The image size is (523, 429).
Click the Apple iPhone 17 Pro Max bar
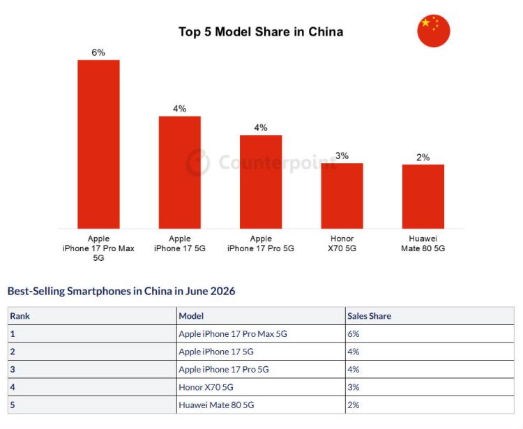pyautogui.click(x=98, y=144)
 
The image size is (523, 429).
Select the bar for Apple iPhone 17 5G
pyautogui.click(x=179, y=172)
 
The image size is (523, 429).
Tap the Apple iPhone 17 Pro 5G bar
pyautogui.click(x=261, y=182)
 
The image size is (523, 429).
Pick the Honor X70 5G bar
pyautogui.click(x=342, y=196)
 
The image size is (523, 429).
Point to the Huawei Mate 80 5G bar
pyautogui.click(x=423, y=197)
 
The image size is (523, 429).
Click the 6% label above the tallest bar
pyautogui.click(x=98, y=52)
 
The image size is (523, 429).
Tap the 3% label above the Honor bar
pyautogui.click(x=342, y=156)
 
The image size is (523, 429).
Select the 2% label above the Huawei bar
pyautogui.click(x=423, y=157)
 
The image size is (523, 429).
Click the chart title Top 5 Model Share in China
pyautogui.click(x=261, y=31)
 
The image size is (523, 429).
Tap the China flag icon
pyautogui.click(x=434, y=31)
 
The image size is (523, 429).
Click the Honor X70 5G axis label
pyautogui.click(x=342, y=243)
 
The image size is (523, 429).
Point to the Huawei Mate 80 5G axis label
pyautogui.click(x=423, y=243)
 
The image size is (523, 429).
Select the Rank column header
pyautogui.click(x=20, y=316)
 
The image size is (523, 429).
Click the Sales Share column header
pyautogui.click(x=369, y=316)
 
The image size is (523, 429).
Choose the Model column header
pyautogui.click(x=191, y=316)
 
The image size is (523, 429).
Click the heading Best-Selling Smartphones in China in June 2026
pyautogui.click(x=121, y=291)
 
